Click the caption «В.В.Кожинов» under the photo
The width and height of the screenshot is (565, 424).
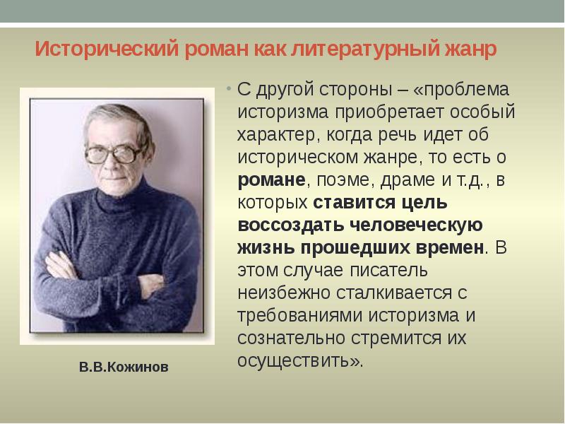[124, 368]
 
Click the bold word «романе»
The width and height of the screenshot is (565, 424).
[271, 180]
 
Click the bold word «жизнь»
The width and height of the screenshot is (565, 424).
[267, 248]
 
